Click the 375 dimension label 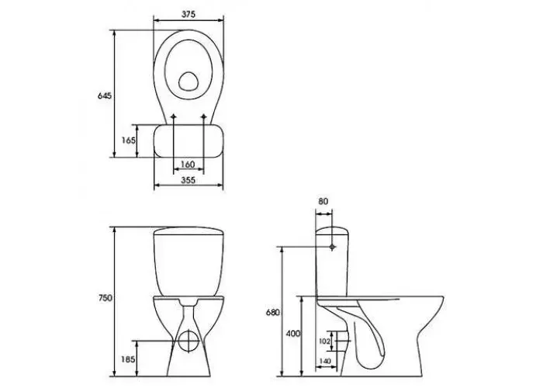188,14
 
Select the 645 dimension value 105,95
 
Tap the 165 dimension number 129,140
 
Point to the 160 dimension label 188,165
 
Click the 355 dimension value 188,180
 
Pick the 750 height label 105,298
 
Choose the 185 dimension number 128,359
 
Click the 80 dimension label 323,201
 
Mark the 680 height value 272,313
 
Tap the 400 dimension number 293,334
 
